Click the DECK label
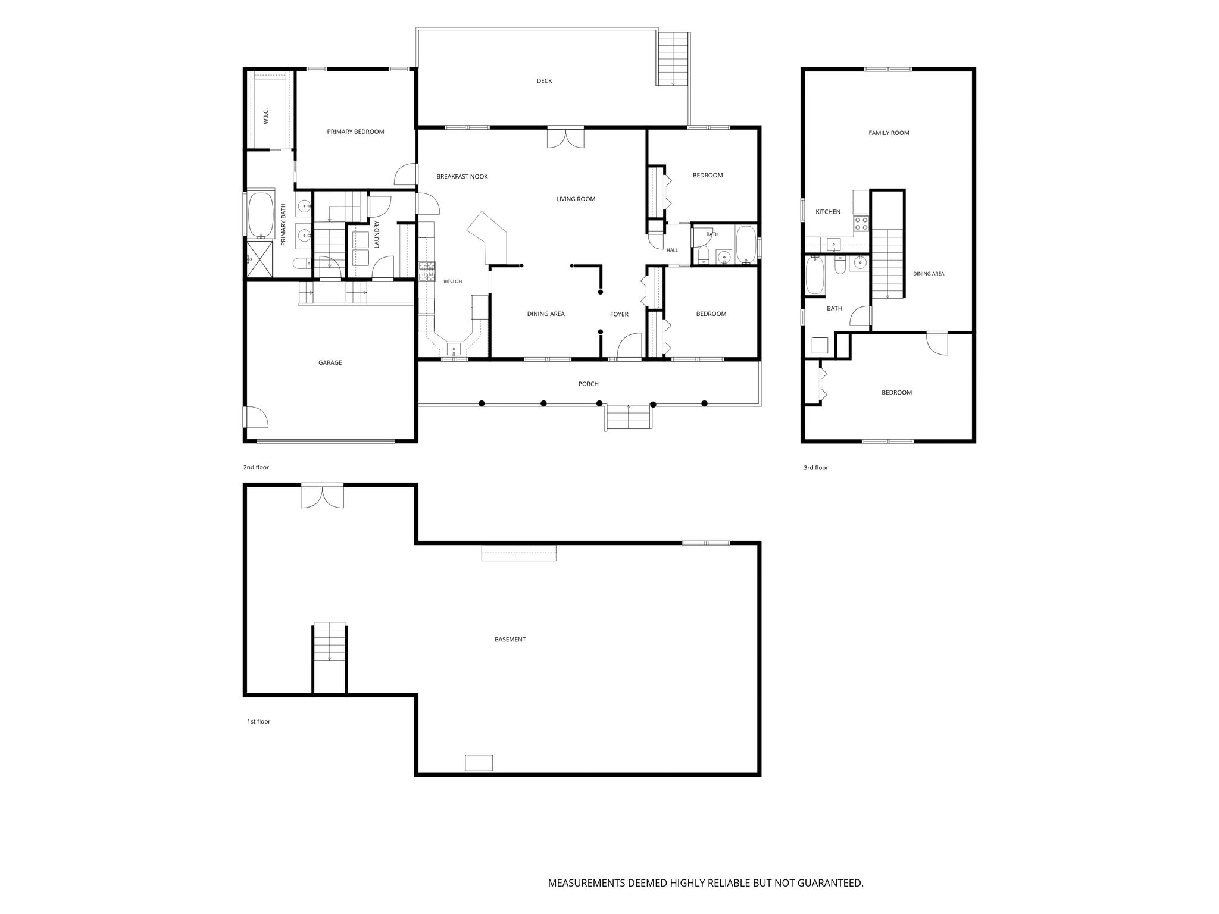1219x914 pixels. coord(544,81)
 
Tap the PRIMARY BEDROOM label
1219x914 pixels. coord(355,132)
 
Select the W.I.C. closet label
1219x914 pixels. coord(266,116)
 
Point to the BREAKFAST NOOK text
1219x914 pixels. coord(462,177)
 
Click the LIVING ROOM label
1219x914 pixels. coord(576,199)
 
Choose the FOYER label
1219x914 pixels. coord(619,314)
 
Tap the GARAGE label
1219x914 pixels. coord(330,362)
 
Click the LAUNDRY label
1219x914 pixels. coord(377,234)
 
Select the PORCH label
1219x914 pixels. coord(588,384)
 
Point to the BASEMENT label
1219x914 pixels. coord(510,640)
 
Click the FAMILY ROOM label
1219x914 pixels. coord(889,133)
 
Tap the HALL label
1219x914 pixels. coord(672,251)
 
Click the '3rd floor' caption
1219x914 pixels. coord(815,468)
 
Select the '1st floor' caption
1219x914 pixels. coord(258,722)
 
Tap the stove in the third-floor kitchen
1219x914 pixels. coord(861,224)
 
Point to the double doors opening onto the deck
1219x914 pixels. coord(566,137)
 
